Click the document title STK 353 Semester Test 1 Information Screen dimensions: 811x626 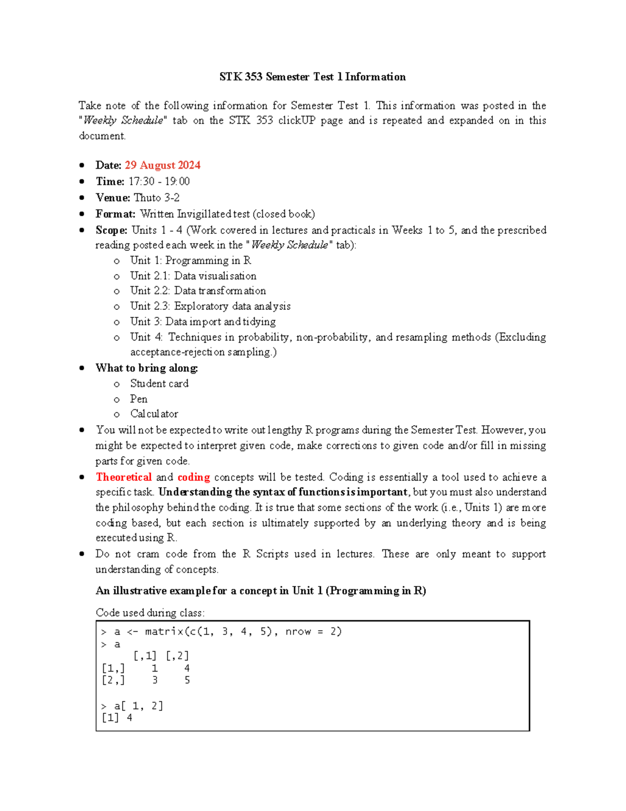(312, 77)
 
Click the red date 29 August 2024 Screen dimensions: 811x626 (162, 165)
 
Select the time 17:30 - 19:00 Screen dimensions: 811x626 (159, 181)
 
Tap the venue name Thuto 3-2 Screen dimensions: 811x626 (156, 197)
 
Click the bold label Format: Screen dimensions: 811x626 (115, 214)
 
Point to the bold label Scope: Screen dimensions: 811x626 (111, 230)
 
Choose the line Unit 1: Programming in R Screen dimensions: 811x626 (190, 260)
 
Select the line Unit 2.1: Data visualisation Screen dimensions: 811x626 (193, 276)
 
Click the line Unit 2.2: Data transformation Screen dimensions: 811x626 (198, 290)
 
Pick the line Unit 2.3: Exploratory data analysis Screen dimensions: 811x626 (210, 306)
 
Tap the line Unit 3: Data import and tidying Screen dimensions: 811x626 (203, 321)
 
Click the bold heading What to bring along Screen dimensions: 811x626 (147, 368)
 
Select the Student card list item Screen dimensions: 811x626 (159, 383)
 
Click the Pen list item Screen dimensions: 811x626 (139, 399)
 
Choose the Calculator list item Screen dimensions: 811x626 (154, 414)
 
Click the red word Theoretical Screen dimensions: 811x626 (124, 477)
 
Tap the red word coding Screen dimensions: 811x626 (194, 477)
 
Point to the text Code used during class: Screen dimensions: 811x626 (150, 613)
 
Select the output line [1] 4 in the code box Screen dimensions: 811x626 (117, 718)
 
